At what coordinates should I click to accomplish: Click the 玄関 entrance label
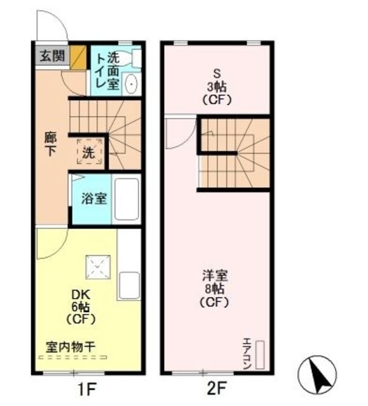point(51,56)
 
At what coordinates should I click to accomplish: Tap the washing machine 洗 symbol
point(89,153)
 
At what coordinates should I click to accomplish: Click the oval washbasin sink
point(131,84)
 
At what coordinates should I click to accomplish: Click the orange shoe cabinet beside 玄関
point(78,57)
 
